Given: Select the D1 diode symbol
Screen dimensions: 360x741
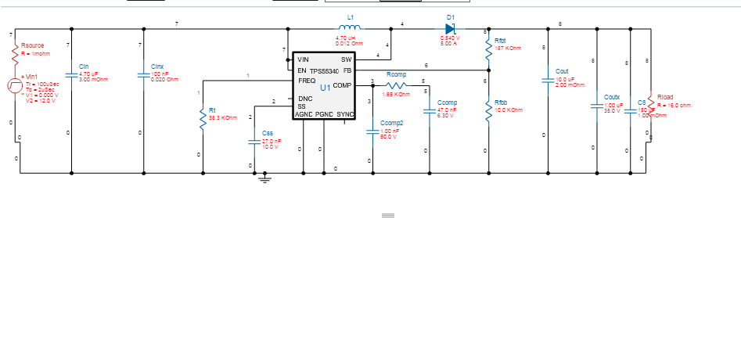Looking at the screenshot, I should point(450,28).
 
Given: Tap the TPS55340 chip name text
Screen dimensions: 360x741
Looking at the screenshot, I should point(324,70).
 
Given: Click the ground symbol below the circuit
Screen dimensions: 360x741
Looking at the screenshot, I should point(264,179).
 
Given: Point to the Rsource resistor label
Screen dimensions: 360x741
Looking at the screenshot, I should point(33,46).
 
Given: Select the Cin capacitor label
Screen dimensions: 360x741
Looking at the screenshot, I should point(84,67).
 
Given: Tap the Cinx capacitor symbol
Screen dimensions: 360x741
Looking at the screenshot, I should point(143,75).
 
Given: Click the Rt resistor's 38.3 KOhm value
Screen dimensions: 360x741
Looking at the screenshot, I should point(223,117).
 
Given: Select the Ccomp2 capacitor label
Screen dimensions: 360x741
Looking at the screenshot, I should point(391,123).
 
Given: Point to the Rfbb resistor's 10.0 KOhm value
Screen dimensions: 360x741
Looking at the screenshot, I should point(509,110).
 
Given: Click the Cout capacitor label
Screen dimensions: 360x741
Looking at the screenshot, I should point(562,70).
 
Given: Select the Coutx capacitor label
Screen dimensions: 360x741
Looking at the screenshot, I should point(612,97).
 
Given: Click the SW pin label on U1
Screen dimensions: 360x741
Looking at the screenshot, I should point(346,59).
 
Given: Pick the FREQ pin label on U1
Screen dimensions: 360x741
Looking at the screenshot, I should point(307,81).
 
